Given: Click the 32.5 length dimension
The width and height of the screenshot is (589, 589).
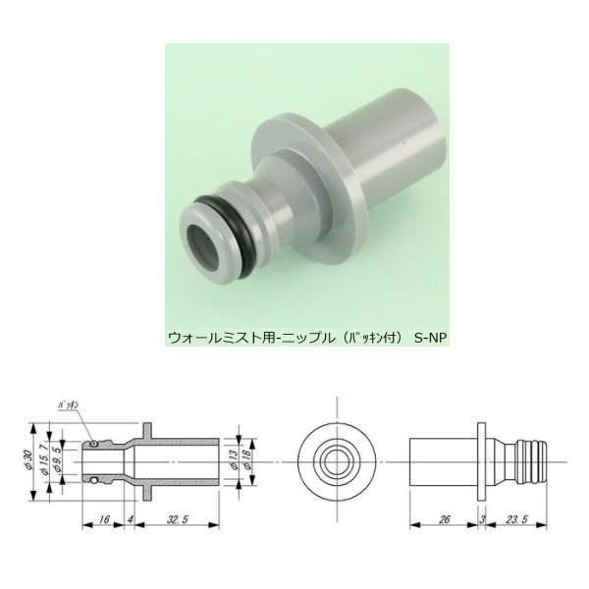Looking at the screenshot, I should [x=180, y=519].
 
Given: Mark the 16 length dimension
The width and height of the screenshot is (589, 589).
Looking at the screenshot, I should [x=103, y=519].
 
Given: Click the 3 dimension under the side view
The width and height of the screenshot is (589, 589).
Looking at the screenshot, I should [x=483, y=520].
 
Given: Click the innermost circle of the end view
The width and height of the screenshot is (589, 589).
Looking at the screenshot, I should [x=336, y=461].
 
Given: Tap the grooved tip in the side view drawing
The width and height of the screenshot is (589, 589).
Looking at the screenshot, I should [x=532, y=461].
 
